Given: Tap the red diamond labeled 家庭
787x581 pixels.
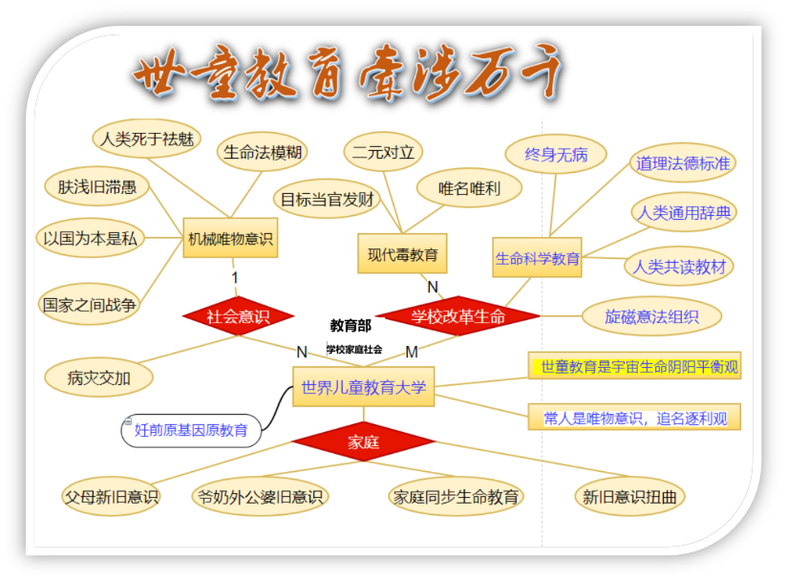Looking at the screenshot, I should [363, 441].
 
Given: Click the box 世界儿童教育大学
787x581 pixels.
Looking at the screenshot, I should [363, 387].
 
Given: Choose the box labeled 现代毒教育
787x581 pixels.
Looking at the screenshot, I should [402, 254].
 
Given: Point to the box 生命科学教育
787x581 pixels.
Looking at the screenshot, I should [537, 258].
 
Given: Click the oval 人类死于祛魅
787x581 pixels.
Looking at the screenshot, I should [146, 140].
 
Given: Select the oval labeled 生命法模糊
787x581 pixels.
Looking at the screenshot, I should [263, 151].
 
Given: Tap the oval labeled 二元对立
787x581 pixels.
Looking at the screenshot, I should [383, 151].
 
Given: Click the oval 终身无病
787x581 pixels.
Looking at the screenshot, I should [556, 154].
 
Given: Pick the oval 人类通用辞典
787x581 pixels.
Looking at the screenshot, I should [684, 212].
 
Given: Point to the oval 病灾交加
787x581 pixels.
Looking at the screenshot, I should [98, 377].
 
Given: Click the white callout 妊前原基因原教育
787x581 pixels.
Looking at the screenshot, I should [191, 430].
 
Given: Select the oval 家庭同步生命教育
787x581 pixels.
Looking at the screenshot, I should [457, 497].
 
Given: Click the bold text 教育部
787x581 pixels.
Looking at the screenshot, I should [351, 326].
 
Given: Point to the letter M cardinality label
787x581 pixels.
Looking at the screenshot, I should [412, 352].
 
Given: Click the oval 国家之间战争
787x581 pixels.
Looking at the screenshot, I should [90, 305].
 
